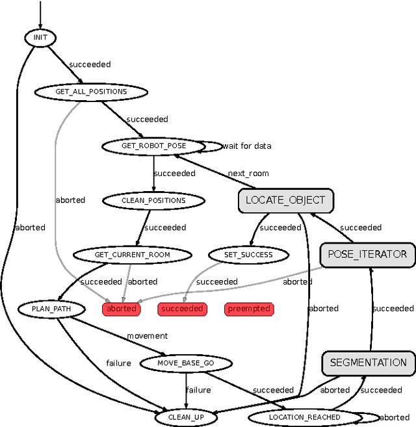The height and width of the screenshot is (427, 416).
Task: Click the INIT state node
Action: pos(40,38)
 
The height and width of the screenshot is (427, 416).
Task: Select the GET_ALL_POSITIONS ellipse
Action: pos(91,92)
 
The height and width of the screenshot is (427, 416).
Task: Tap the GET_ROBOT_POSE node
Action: pos(153,146)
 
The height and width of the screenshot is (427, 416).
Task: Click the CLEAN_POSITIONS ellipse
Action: pos(153,200)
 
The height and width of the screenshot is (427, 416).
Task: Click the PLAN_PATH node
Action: pos(49,309)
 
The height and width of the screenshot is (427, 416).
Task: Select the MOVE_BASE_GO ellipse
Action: pos(186,363)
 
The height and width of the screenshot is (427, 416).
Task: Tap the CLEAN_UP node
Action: pos(186,417)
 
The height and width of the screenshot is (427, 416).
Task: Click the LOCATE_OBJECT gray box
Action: pos(285,200)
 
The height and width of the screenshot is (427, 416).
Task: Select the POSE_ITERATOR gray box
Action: pos(367,254)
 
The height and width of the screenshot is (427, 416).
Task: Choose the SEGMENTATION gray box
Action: pos(368,363)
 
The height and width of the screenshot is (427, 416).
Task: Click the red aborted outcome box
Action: pos(122,309)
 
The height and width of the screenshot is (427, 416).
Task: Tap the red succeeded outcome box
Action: pos(182,309)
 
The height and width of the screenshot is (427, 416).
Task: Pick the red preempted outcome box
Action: pos(249,309)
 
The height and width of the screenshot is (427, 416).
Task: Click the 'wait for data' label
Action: pos(247,146)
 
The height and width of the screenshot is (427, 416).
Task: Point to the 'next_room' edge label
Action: pos(248,174)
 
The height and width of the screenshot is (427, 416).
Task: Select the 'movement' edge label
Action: pos(147,336)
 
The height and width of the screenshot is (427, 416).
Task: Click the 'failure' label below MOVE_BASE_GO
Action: pos(198,390)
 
